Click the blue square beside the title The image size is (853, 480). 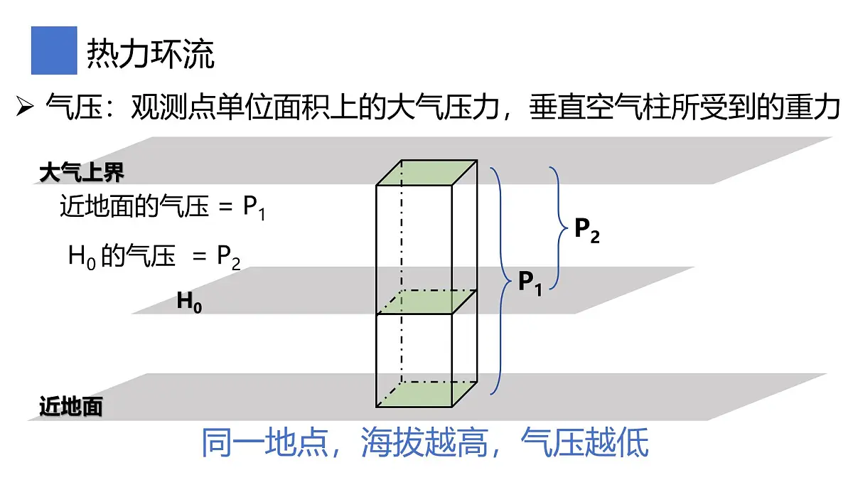54,50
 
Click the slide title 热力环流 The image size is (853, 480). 151,54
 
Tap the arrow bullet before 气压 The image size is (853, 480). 25,106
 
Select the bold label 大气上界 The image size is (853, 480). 82,173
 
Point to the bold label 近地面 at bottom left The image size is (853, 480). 71,406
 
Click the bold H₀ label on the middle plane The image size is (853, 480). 189,302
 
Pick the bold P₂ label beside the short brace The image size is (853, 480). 587,230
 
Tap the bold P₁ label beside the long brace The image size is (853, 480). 530,283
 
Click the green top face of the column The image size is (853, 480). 426,173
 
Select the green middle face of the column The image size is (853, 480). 426,302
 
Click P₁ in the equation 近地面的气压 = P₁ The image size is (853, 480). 254,207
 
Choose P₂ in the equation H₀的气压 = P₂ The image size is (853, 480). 228,257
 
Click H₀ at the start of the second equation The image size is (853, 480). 82,257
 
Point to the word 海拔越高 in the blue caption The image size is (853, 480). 424,442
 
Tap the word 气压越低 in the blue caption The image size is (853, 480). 584,442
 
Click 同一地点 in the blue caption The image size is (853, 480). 264,442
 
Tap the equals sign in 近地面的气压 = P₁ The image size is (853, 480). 225,207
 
